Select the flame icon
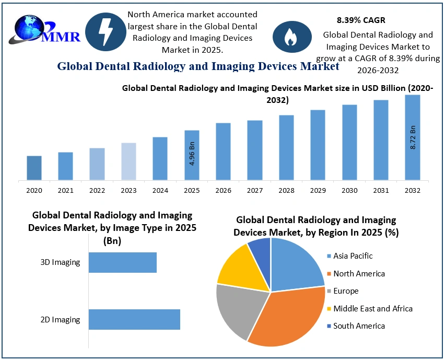point(289,37)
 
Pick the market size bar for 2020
point(34,168)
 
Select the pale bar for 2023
point(128,161)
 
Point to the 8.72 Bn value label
point(413,137)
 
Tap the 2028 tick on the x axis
point(286,191)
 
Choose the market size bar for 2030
point(349,143)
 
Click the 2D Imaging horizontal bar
point(134,319)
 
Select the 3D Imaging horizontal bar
point(122,262)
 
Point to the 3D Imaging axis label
point(60,262)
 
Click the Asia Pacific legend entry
point(353,256)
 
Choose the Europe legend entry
point(346,291)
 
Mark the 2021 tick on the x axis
point(66,191)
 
